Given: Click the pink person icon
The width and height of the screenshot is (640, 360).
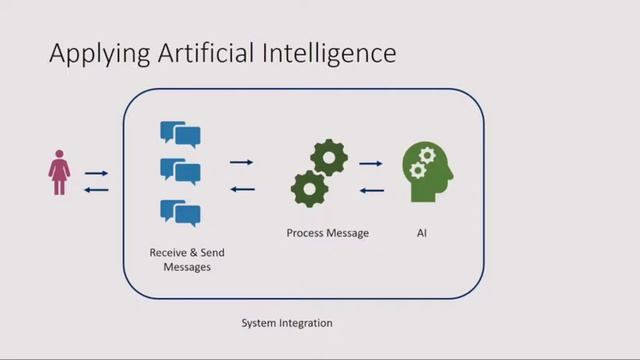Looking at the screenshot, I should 59,172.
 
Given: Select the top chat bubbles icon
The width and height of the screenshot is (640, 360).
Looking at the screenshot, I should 180,135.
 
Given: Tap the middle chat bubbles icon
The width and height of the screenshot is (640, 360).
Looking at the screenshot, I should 180,171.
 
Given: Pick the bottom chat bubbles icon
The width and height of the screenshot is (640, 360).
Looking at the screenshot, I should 180,212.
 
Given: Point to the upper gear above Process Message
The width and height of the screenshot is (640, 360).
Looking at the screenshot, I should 329,157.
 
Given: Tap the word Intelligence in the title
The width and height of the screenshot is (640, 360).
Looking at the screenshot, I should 336,53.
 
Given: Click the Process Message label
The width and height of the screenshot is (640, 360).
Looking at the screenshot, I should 327,233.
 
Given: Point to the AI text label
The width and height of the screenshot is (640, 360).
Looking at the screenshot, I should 422,233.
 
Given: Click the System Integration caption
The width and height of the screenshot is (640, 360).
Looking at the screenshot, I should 286,323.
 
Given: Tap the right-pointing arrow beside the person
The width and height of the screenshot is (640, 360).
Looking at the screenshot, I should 97,173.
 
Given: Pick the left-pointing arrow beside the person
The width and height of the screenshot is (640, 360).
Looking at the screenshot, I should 97,189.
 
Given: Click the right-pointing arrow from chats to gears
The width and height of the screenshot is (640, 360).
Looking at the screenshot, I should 241,161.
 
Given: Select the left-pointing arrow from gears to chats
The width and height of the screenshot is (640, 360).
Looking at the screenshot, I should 242,189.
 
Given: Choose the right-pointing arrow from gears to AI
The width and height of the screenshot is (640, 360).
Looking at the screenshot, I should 371,162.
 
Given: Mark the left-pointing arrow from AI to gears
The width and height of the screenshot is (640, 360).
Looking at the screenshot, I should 371,189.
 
